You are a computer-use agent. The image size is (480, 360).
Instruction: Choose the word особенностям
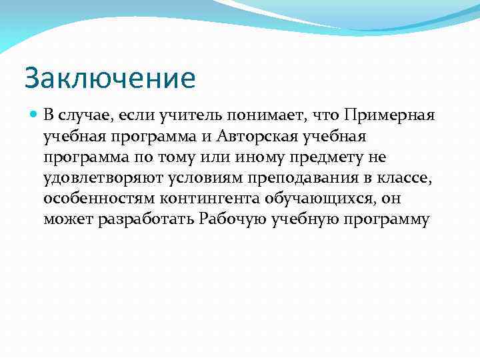(90, 198)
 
